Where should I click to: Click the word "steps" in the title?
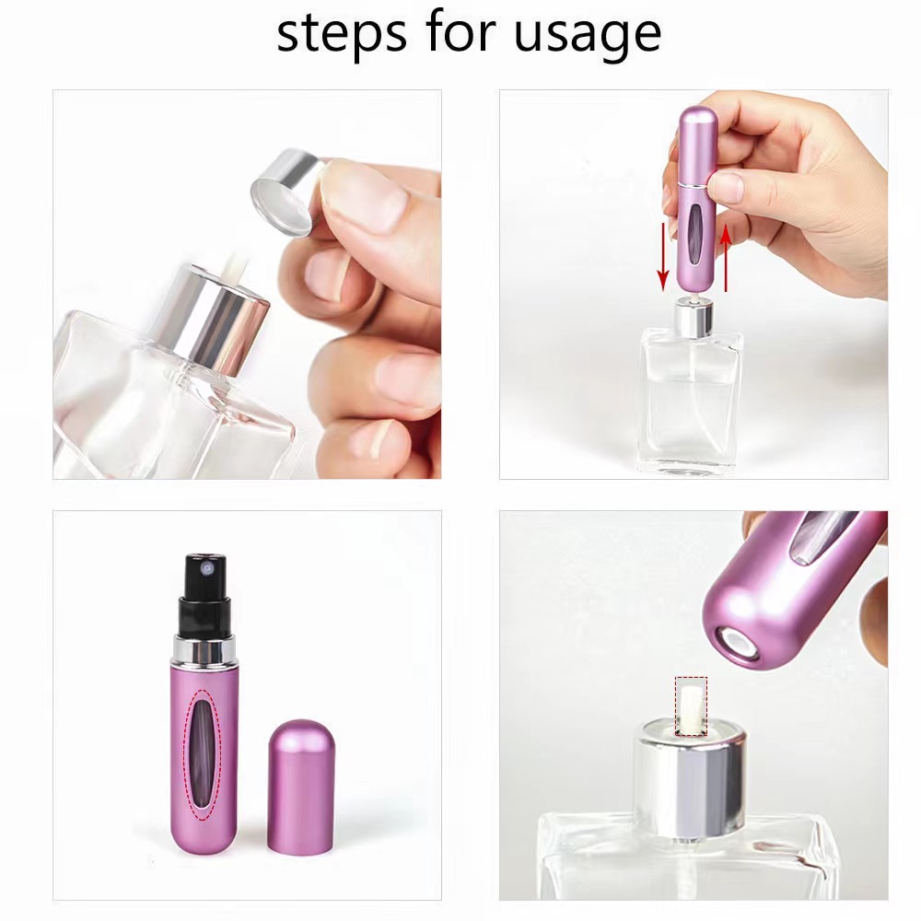(x=342, y=34)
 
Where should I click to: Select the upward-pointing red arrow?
(x=726, y=258)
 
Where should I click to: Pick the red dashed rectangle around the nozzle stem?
(x=691, y=707)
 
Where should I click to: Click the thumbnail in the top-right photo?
(x=728, y=188)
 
